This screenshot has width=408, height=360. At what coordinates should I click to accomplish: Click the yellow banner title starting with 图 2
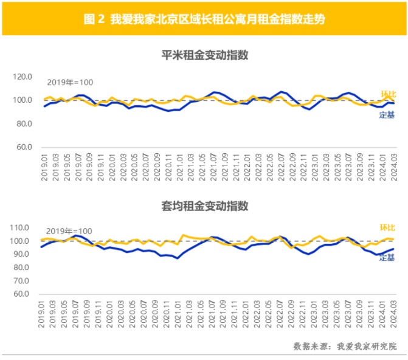(204, 19)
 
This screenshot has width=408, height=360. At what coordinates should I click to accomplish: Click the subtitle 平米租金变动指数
(204, 55)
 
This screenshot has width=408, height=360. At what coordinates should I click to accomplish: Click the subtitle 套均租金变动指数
(204, 206)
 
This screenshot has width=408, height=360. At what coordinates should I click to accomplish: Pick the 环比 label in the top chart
(387, 94)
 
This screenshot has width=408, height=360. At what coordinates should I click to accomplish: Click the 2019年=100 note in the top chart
(70, 83)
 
